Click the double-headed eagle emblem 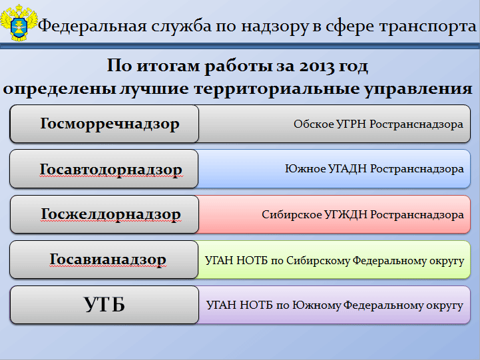pos(19,23)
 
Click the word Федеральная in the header pos(92,26)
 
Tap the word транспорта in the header pos(428,27)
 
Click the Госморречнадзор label pos(110,124)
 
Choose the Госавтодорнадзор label pos(111,169)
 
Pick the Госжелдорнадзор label pos(111,214)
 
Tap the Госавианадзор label pos(108,260)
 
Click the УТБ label pos(105,304)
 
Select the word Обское pos(314,124)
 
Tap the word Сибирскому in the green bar pos(318,261)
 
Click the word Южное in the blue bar pos(305,169)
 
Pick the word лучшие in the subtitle pos(154,89)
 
